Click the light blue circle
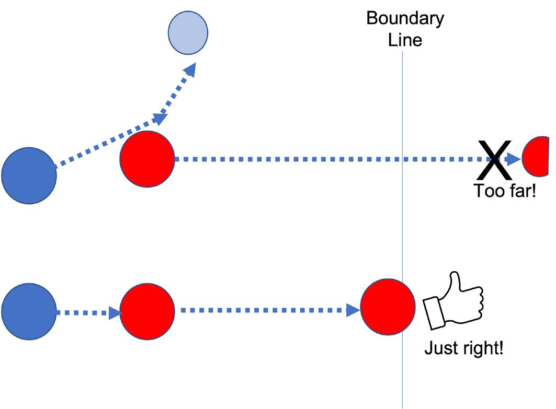[188, 32]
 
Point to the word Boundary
[405, 18]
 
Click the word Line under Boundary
[405, 40]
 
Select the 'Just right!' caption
[463, 347]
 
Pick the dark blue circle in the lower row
[29, 311]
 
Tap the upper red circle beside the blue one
[147, 158]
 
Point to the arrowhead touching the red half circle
[515, 159]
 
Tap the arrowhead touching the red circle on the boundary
[354, 310]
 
